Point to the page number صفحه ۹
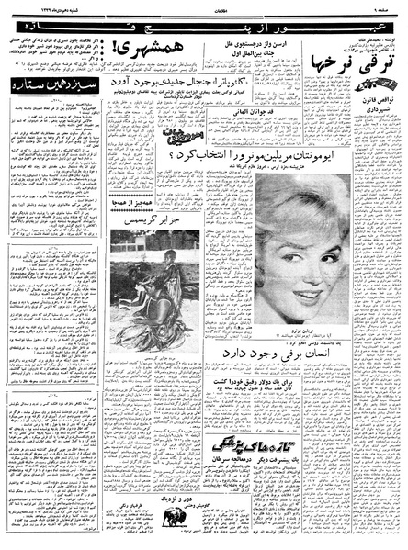tap(385, 6)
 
